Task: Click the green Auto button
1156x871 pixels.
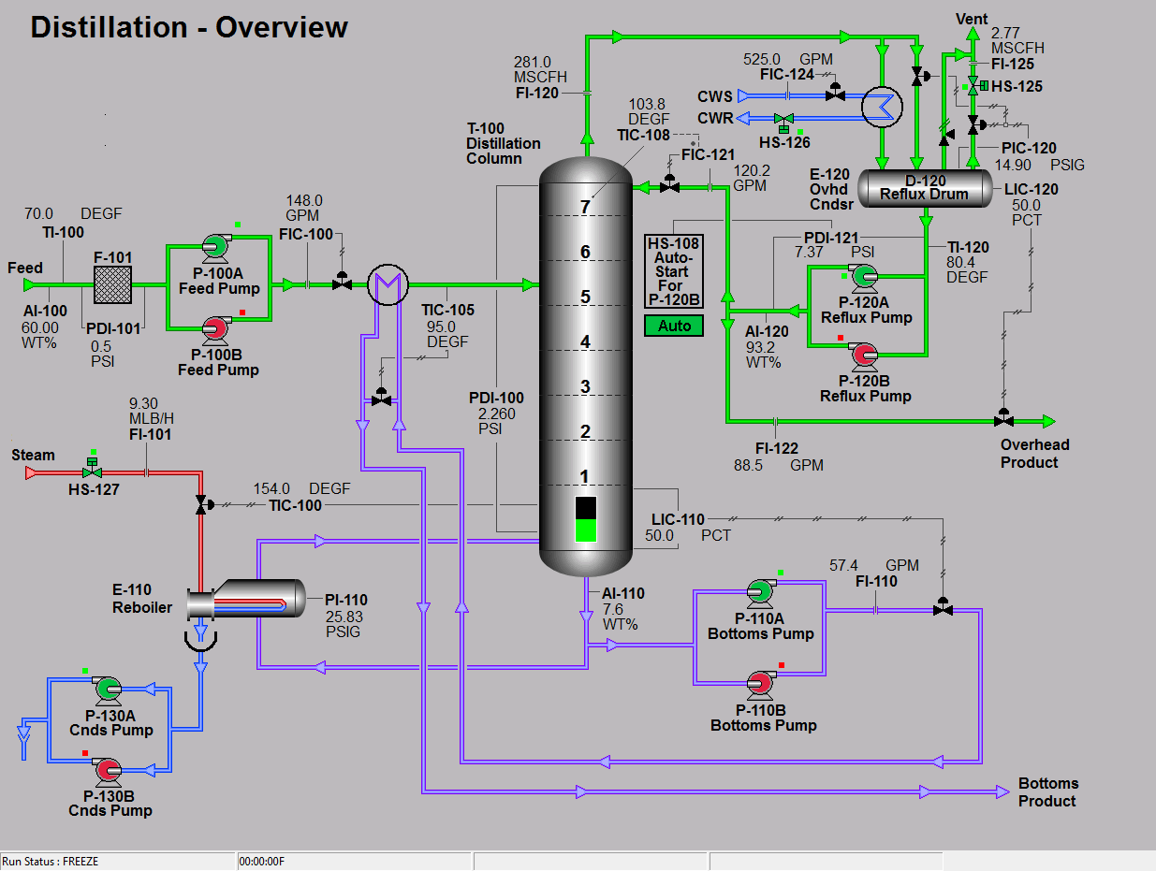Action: (674, 326)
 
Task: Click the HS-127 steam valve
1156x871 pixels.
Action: (92, 473)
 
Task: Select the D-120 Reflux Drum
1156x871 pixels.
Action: (924, 187)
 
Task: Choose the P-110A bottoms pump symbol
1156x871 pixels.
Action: (759, 591)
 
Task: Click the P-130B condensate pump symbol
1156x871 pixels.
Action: (106, 770)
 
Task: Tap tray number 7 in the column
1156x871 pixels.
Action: (585, 207)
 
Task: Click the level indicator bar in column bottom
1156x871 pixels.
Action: (585, 519)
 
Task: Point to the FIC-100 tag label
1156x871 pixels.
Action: (306, 234)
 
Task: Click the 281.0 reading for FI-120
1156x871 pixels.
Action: (532, 62)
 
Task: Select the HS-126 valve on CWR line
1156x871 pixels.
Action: (785, 120)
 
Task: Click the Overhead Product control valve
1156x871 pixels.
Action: (1003, 419)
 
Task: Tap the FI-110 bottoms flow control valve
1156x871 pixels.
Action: (943, 608)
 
